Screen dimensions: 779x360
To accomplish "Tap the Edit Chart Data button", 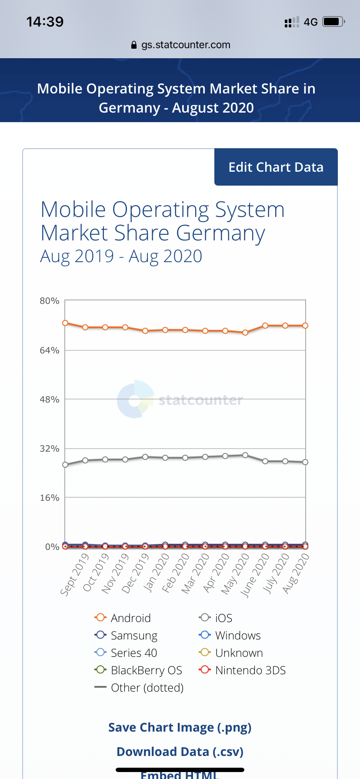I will (276, 167).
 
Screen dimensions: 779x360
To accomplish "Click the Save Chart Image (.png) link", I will (180, 727).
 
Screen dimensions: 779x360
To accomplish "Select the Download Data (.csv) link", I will (180, 752).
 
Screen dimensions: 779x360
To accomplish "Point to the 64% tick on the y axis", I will (50, 350).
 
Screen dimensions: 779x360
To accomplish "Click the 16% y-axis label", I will (50, 498).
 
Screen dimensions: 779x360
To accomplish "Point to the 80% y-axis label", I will (50, 301).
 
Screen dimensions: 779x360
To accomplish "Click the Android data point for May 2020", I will (245, 333).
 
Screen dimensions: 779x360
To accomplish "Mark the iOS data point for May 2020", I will (245, 455).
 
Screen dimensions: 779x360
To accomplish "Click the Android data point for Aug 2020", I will (305, 326).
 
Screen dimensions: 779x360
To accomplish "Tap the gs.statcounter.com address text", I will (186, 45).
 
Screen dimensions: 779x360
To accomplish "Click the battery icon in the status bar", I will (333, 22).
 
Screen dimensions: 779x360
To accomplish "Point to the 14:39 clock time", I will (45, 22).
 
